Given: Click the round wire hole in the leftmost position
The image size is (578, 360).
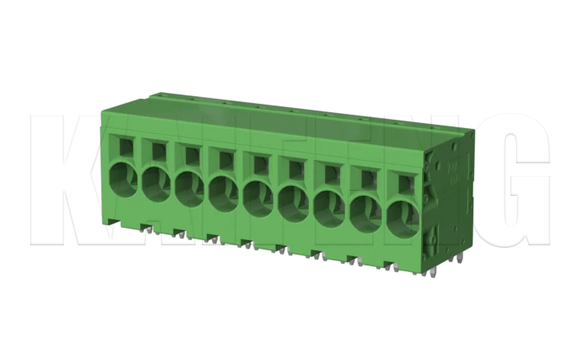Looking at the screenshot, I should [x=123, y=178].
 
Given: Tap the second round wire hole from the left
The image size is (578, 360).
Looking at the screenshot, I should [x=156, y=183].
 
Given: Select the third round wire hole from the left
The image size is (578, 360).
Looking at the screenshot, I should [x=189, y=188].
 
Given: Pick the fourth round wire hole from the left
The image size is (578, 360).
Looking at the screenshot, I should [x=223, y=193].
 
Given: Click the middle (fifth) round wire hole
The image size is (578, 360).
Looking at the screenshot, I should [x=257, y=198].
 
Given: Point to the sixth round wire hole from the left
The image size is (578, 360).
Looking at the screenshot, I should [x=292, y=203].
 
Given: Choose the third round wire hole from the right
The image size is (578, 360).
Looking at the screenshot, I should [x=328, y=208].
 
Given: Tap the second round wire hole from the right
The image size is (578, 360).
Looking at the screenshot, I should [x=365, y=213].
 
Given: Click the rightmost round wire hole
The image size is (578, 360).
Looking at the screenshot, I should [x=402, y=217].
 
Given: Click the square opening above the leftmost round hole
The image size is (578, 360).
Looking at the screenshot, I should [x=126, y=147].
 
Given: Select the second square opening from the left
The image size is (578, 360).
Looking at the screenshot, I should [x=157, y=151].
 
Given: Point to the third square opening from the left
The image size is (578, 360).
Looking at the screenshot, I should [x=191, y=154].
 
